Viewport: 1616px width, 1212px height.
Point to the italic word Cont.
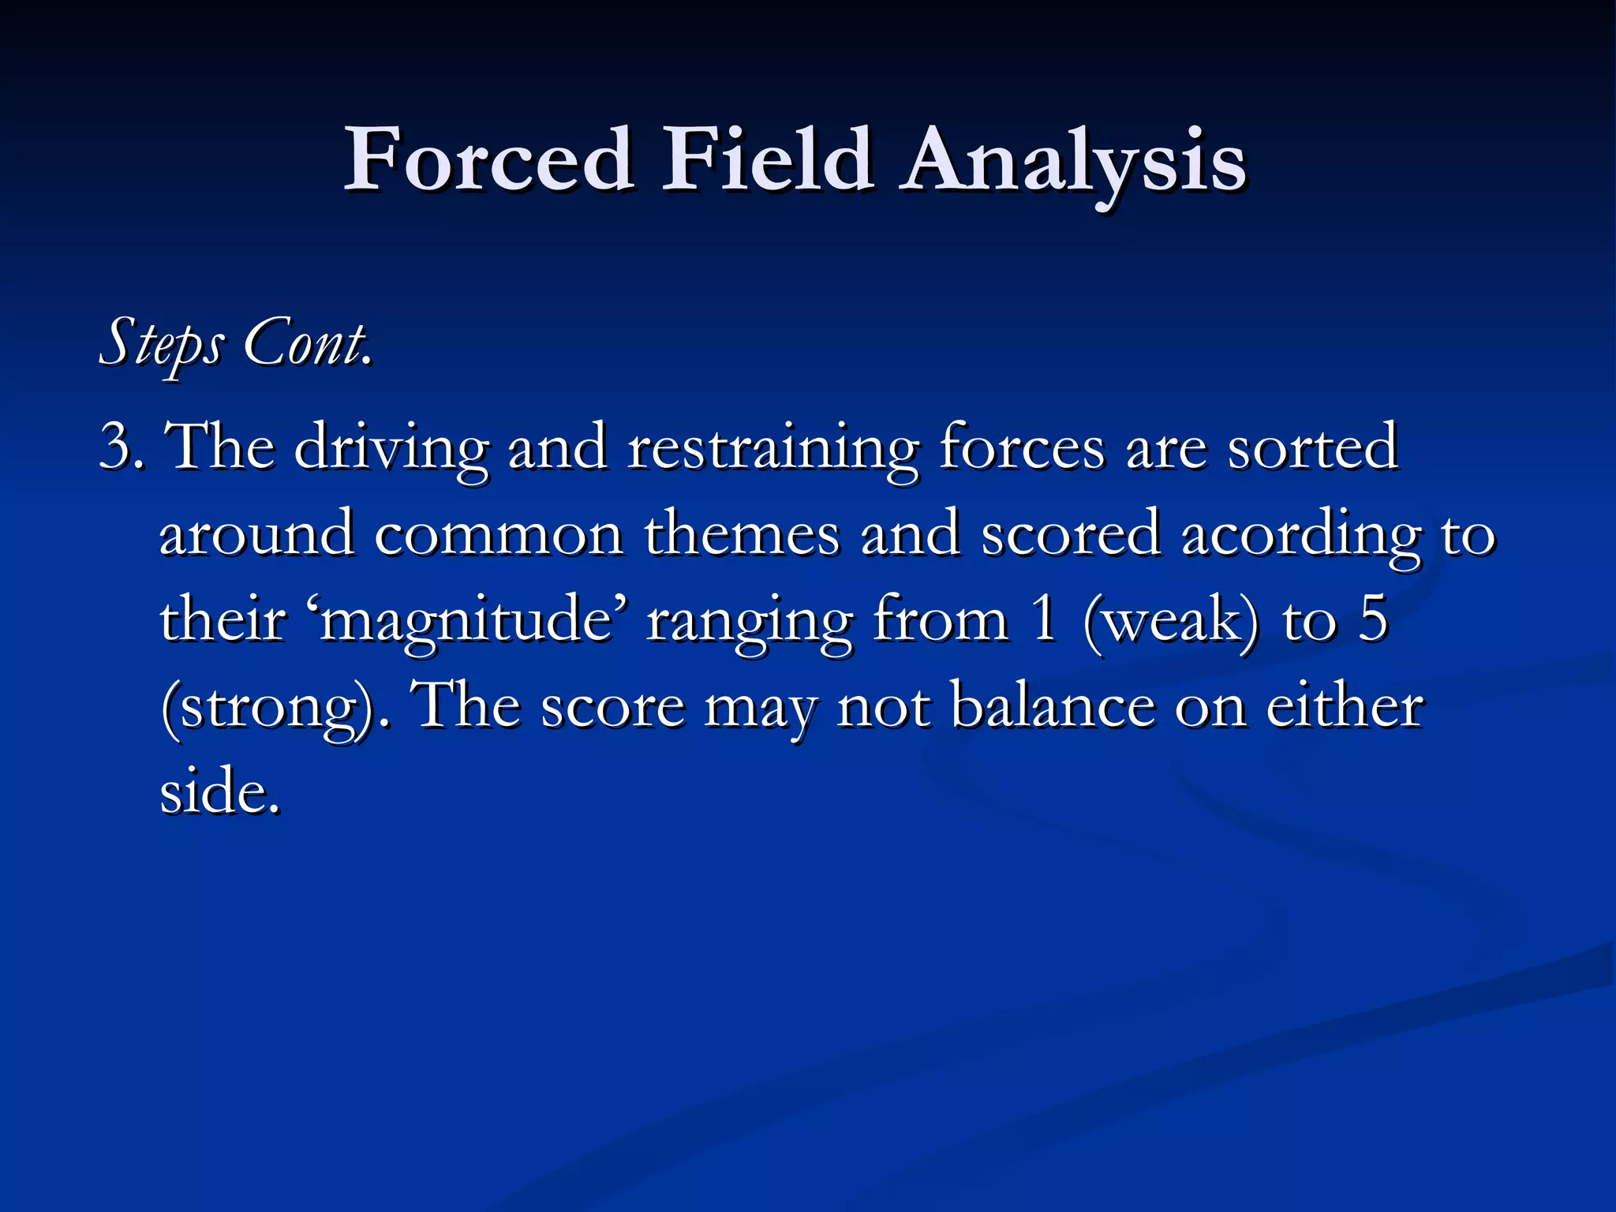(x=307, y=343)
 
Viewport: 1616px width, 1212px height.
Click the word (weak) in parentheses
(x=1171, y=620)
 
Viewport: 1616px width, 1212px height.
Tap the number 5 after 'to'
(x=1373, y=620)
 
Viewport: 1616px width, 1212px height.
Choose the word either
(x=1345, y=706)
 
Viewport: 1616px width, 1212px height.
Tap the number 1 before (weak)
(x=1045, y=620)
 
